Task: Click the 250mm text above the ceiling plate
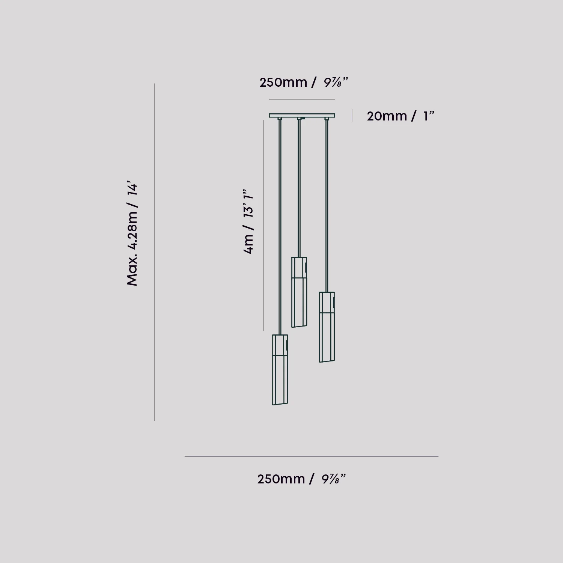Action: [x=283, y=82]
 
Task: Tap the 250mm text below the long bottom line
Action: [x=281, y=479]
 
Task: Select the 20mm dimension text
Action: [x=387, y=116]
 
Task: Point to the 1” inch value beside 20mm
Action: [x=428, y=116]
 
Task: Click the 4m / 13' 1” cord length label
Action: [x=248, y=221]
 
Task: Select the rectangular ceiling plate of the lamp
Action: [x=302, y=115]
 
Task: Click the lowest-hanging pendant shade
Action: [x=280, y=370]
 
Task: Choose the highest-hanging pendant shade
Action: [x=299, y=292]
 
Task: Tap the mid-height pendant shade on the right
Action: [x=327, y=327]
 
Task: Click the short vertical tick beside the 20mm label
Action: [x=352, y=116]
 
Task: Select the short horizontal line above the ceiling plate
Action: [x=302, y=99]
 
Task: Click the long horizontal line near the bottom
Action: [x=311, y=456]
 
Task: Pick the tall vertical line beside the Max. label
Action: [x=154, y=252]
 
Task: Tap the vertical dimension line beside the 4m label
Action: [x=263, y=225]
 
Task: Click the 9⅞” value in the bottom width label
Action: [x=333, y=479]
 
